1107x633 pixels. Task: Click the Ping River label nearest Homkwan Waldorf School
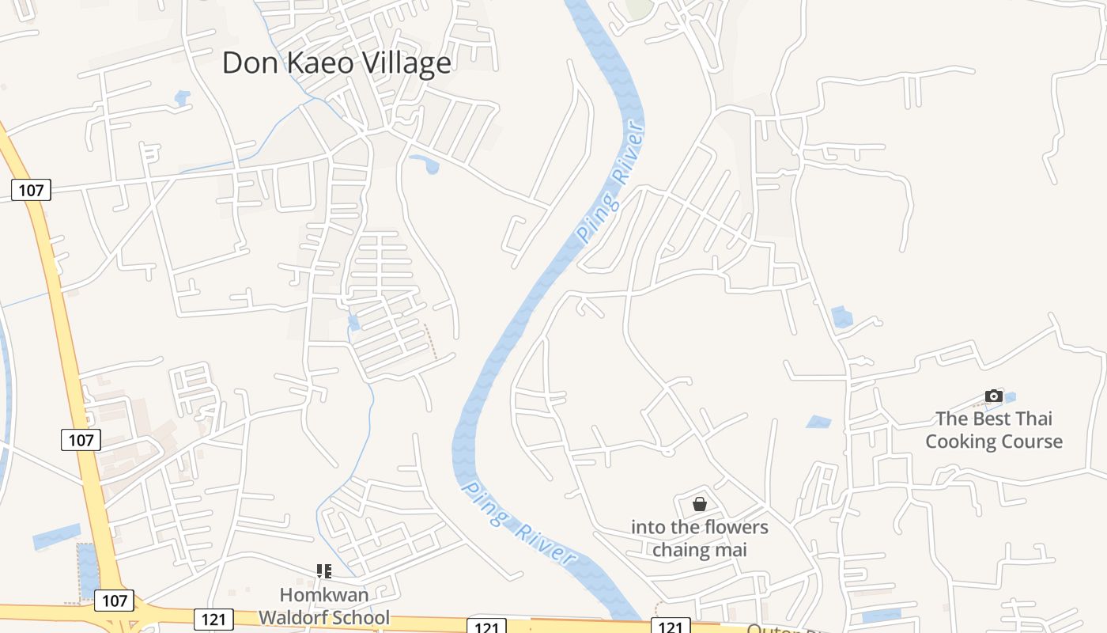(518, 523)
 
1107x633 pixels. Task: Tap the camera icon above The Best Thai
(994, 396)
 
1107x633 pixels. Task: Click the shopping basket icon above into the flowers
(699, 503)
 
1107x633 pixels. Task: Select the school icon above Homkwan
(323, 570)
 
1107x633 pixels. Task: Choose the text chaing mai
(699, 549)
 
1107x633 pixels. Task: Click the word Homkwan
(324, 594)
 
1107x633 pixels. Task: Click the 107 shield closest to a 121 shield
(114, 601)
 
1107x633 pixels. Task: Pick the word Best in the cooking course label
(991, 419)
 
